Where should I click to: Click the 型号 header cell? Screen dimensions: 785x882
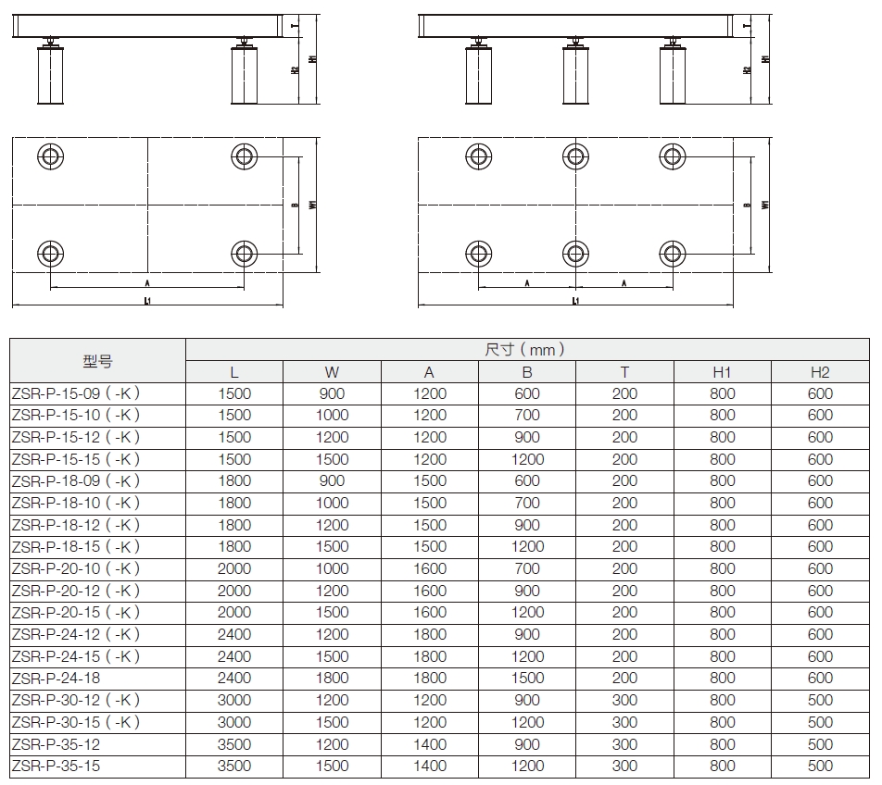click(97, 361)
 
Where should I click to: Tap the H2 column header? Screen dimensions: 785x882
click(820, 372)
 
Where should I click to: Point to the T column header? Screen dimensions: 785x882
click(624, 372)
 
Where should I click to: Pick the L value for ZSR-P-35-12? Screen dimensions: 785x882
click(234, 744)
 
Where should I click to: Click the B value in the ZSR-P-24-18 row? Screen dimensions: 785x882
click(527, 679)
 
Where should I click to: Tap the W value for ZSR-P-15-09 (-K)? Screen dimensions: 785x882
click(332, 393)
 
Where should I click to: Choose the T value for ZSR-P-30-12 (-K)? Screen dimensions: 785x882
click(624, 700)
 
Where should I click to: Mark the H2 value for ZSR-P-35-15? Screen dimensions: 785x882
click(820, 766)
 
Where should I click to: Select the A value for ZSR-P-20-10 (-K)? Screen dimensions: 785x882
click(429, 568)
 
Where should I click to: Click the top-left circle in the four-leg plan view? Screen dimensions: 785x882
click(49, 155)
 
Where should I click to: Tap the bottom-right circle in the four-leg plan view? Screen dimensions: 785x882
click(244, 252)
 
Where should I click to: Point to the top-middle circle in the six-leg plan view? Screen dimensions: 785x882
click(575, 155)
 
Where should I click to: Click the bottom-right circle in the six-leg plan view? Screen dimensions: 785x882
click(673, 252)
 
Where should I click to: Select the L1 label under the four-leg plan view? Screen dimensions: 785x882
click(147, 301)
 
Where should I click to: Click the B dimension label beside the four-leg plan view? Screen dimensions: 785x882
click(293, 205)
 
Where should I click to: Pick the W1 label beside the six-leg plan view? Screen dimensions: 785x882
click(764, 205)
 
